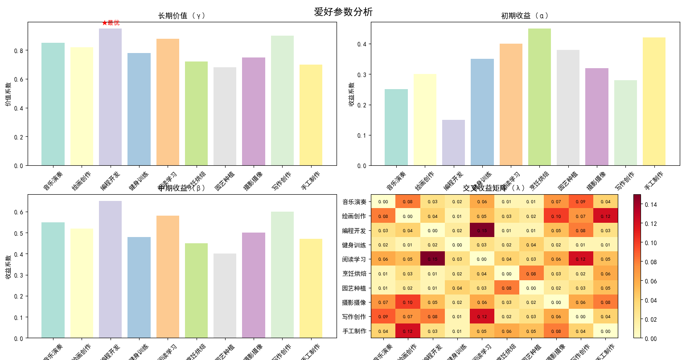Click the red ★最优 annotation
pyautogui.click(x=111, y=23)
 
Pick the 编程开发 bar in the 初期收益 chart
pyautogui.click(x=453, y=143)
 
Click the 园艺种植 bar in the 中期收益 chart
pyautogui.click(x=225, y=296)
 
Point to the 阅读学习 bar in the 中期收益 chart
pyautogui.click(x=168, y=277)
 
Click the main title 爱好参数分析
pyautogui.click(x=343, y=12)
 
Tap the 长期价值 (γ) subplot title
pyautogui.click(x=182, y=16)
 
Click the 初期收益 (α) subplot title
pyautogui.click(x=525, y=16)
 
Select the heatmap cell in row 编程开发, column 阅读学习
pyautogui.click(x=482, y=230)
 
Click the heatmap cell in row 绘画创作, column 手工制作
pyautogui.click(x=605, y=216)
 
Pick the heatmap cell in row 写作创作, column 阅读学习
pyautogui.click(x=482, y=316)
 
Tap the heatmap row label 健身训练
pyautogui.click(x=354, y=245)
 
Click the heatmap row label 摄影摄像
pyautogui.click(x=354, y=303)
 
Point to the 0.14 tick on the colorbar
pyautogui.click(x=651, y=205)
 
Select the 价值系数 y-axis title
pyautogui.click(x=8, y=94)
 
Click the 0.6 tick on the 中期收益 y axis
pyautogui.click(x=19, y=212)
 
